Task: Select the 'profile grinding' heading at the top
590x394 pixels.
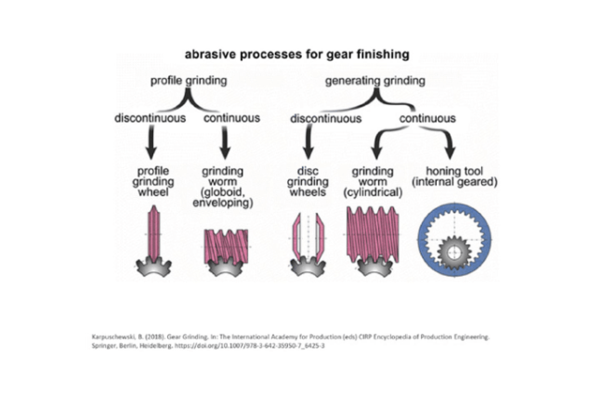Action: click(188, 82)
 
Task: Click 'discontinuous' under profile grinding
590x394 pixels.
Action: click(149, 119)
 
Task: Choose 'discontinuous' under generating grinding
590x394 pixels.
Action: click(325, 119)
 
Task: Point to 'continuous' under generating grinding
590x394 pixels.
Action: click(427, 119)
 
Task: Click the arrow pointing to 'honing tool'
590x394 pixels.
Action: click(448, 147)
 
